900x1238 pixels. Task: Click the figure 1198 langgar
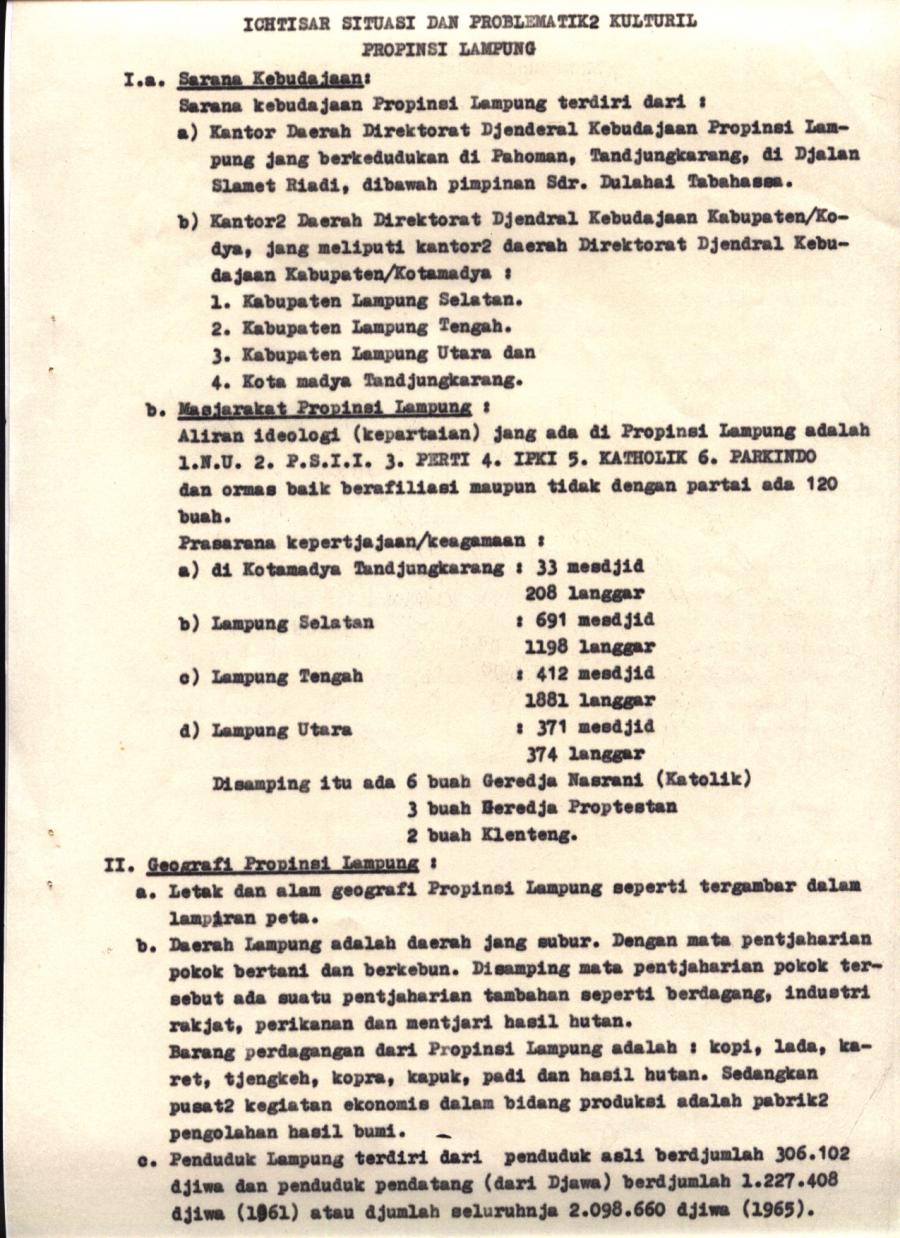[589, 646]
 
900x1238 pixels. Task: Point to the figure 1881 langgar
[589, 700]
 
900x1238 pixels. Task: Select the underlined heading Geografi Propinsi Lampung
[283, 862]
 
